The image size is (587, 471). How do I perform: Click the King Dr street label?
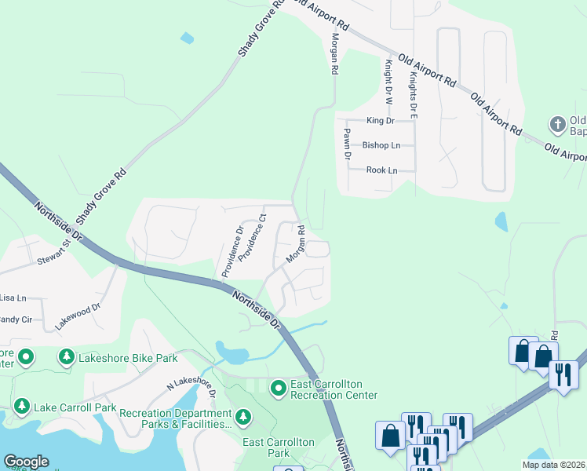coord(381,121)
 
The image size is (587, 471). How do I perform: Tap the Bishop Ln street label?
coord(381,145)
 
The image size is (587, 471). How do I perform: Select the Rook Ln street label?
coord(381,170)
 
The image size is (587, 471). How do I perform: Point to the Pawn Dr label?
coord(346,145)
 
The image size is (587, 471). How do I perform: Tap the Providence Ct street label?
coord(253,237)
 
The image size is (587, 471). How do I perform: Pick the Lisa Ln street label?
coord(13,298)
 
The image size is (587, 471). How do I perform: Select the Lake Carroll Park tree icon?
coord(21,407)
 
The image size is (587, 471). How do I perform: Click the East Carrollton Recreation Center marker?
coord(278,388)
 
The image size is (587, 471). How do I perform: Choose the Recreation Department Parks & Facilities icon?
coord(244,415)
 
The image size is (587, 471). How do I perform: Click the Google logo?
coord(26,462)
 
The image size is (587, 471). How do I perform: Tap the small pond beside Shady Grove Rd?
coord(186,37)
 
